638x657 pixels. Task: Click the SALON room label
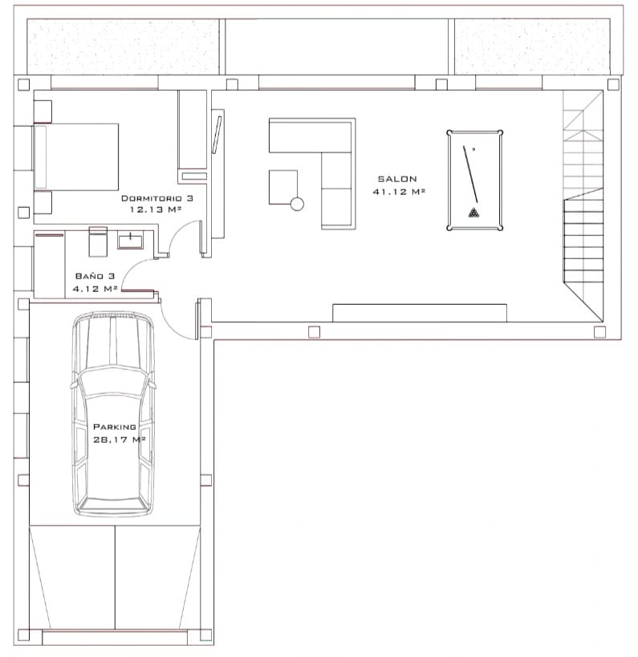397,179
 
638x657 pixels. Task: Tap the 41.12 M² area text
398,192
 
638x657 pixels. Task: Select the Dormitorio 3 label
157,197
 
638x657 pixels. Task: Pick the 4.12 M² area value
95,287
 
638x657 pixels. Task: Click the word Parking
114,427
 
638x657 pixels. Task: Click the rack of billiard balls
474,213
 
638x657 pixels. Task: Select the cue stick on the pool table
471,173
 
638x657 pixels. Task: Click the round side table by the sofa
297,204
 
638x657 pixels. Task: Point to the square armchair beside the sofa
282,186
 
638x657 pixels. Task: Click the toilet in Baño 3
97,240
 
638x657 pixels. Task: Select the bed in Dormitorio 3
76,156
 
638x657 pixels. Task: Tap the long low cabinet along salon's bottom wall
419,313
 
